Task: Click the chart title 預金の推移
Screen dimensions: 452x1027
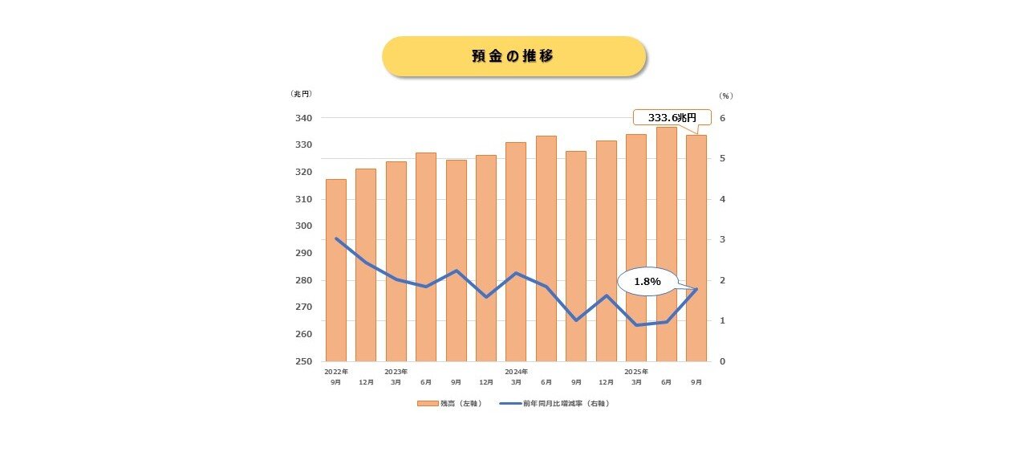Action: pyautogui.click(x=513, y=56)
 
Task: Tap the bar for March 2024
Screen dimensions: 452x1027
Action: pyautogui.click(x=516, y=252)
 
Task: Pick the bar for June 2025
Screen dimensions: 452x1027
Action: pyautogui.click(x=666, y=244)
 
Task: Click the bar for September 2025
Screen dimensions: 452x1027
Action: pyautogui.click(x=696, y=248)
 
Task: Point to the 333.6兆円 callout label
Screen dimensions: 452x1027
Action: pyautogui.click(x=672, y=117)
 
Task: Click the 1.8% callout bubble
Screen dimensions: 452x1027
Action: pyautogui.click(x=646, y=282)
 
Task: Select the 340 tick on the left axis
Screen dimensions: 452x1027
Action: pyautogui.click(x=304, y=118)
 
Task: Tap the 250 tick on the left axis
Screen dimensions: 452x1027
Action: pyautogui.click(x=304, y=361)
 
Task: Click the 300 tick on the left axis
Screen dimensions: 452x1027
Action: pyautogui.click(x=304, y=226)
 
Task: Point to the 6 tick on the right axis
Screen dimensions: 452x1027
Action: pyautogui.click(x=722, y=118)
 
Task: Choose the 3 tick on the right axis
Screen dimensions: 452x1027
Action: pyautogui.click(x=722, y=239)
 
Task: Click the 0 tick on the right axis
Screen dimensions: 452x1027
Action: pyautogui.click(x=722, y=361)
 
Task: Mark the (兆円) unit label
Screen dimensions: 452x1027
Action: pyautogui.click(x=301, y=94)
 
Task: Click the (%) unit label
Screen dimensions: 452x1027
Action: pyautogui.click(x=725, y=96)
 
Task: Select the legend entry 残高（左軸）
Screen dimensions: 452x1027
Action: pyautogui.click(x=449, y=403)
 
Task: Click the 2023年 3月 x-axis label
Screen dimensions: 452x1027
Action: pyautogui.click(x=396, y=377)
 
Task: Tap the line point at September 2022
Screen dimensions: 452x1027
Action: pyautogui.click(x=336, y=238)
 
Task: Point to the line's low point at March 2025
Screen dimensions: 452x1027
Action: pyautogui.click(x=636, y=325)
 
